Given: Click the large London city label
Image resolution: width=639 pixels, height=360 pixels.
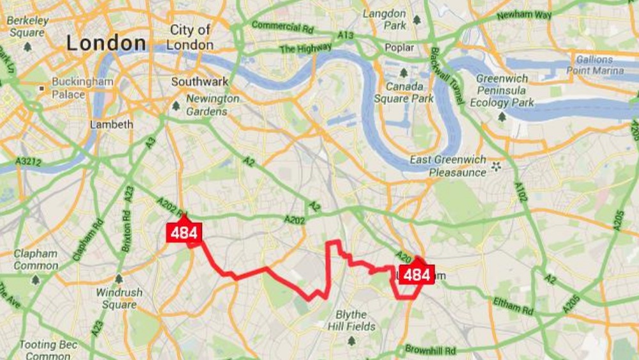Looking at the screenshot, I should click(107, 43).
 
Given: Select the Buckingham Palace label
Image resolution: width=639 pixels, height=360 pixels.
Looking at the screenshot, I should click(82, 88).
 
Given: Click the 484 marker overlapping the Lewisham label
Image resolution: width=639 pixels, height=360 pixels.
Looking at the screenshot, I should click(417, 275).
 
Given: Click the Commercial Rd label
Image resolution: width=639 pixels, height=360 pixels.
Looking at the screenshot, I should click(282, 27).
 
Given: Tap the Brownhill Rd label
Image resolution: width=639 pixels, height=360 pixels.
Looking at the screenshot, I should click(431, 350).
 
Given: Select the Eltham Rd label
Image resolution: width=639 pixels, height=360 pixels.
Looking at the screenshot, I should click(513, 306).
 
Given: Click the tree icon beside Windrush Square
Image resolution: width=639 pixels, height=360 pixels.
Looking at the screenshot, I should click(118, 279).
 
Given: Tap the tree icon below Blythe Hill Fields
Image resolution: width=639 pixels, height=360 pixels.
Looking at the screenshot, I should click(351, 341).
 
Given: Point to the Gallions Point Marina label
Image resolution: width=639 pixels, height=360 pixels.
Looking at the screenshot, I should click(595, 65).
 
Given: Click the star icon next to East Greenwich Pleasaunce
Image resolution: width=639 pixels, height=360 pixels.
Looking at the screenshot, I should click(496, 167).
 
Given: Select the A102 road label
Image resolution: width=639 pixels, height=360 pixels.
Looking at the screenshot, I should click(521, 191).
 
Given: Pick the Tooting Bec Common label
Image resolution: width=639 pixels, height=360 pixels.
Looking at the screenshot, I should click(49, 350).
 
